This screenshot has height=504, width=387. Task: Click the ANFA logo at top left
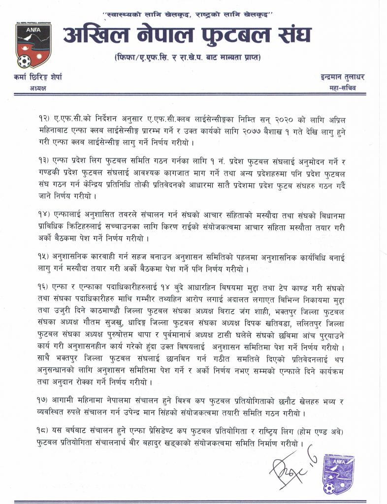[33, 44]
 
